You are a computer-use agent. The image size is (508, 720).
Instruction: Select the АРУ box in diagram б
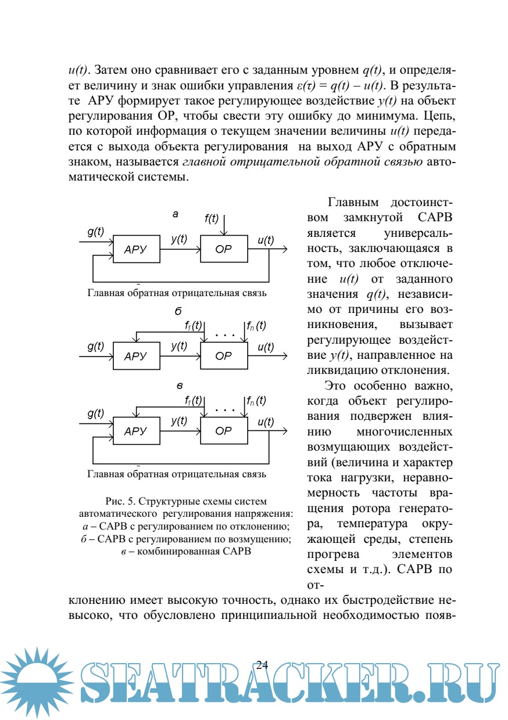tap(136, 357)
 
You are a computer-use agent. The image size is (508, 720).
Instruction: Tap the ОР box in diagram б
tap(223, 357)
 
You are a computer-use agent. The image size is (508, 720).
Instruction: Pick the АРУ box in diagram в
tap(136, 431)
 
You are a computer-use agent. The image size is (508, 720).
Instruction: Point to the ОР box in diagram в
tap(223, 431)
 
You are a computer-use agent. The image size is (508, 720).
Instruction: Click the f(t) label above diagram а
tap(212, 218)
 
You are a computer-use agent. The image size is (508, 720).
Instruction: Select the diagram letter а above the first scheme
tap(176, 214)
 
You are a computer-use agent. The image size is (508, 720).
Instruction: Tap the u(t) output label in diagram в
tap(266, 422)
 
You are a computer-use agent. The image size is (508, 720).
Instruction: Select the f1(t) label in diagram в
tap(193, 400)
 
